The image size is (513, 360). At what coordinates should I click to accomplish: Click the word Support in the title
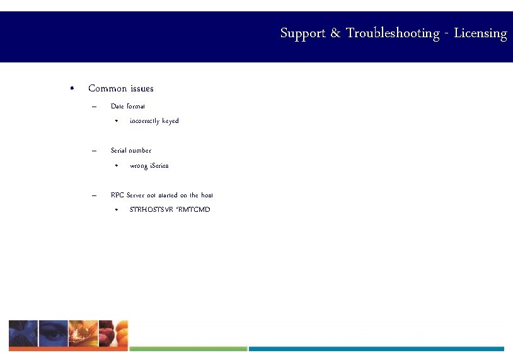302,33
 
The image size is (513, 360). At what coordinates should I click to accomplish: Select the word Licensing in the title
480,33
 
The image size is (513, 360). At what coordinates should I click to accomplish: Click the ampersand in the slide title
336,33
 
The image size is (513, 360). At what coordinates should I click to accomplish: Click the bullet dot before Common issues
73,88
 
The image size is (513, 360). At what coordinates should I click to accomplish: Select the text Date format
127,106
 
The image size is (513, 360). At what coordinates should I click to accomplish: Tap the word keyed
170,121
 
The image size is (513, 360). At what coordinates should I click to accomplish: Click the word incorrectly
144,121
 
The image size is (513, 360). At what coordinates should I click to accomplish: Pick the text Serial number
130,150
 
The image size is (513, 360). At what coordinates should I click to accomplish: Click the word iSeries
159,166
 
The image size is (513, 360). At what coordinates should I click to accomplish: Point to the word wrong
139,166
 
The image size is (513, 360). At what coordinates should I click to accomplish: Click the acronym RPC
117,195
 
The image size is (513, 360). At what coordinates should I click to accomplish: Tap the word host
207,195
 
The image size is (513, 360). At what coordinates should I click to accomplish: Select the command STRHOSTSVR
150,209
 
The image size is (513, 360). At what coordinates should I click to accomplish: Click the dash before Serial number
93,150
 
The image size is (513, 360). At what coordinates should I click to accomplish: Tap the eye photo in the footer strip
54,334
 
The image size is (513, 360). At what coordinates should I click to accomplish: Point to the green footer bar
188,349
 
